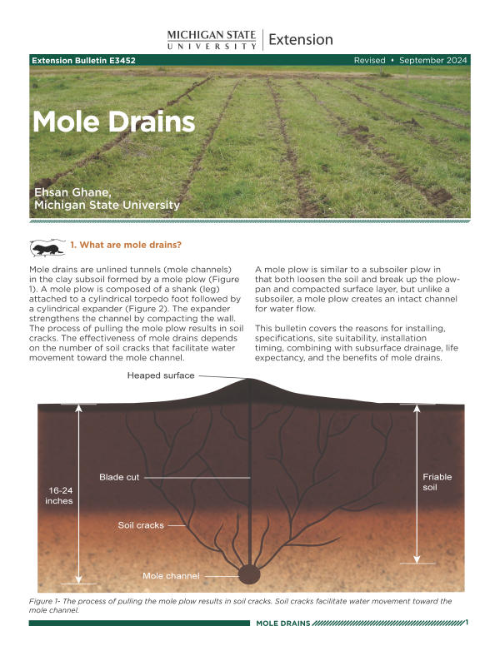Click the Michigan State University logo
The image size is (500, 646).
212,39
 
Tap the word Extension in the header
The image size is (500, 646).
301,39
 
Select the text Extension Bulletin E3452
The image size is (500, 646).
83,61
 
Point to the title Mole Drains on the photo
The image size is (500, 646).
113,123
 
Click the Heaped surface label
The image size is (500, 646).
161,375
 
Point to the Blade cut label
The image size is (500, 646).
119,477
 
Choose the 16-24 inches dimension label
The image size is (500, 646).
59,495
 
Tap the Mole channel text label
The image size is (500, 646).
171,575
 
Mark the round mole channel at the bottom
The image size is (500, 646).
250,574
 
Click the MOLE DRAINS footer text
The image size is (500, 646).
282,624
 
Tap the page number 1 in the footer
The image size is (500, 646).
467,623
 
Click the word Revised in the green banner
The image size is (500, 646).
370,61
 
